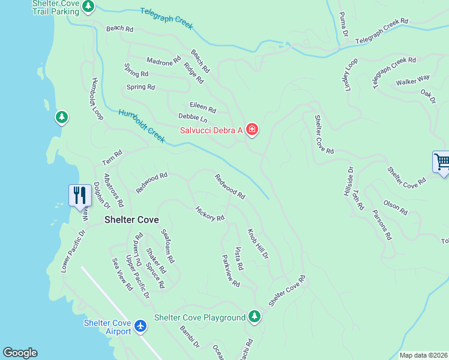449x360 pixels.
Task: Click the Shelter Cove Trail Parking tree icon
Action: [x=88, y=7]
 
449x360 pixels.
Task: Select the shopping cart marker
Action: [x=441, y=162]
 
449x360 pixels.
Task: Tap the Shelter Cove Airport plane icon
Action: [x=141, y=326]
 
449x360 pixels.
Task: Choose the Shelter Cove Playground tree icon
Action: [x=255, y=317]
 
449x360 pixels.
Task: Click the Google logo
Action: [x=20, y=353]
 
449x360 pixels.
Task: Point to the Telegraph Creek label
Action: [x=167, y=19]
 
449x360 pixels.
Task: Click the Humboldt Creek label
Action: [x=142, y=126]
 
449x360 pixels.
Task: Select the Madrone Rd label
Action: [x=164, y=61]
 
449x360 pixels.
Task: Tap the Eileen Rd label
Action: [x=202, y=107]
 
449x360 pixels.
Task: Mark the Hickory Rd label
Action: [x=210, y=214]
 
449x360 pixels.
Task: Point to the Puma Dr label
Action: [x=343, y=24]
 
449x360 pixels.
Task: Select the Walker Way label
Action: [x=413, y=79]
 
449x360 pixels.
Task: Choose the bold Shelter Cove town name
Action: [x=131, y=220]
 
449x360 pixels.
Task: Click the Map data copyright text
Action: [x=423, y=355]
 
